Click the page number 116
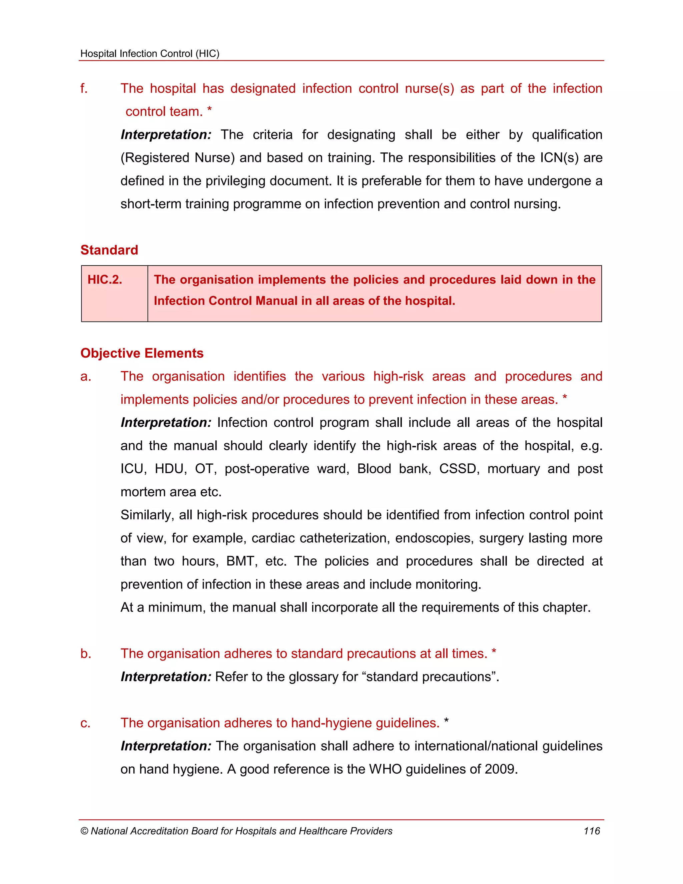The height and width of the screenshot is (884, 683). click(x=592, y=831)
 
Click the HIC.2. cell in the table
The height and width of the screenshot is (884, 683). click(x=105, y=280)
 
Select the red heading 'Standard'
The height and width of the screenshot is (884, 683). click(x=109, y=250)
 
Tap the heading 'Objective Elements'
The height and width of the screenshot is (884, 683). click(x=142, y=353)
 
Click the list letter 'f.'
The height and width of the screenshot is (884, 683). click(x=84, y=89)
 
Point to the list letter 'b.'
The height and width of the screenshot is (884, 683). click(x=85, y=654)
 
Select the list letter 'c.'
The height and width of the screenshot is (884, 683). click(x=85, y=723)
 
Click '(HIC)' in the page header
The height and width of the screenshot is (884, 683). click(x=207, y=53)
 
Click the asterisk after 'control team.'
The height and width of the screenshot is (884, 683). click(x=209, y=110)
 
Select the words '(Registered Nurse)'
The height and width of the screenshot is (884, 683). click(x=178, y=158)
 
